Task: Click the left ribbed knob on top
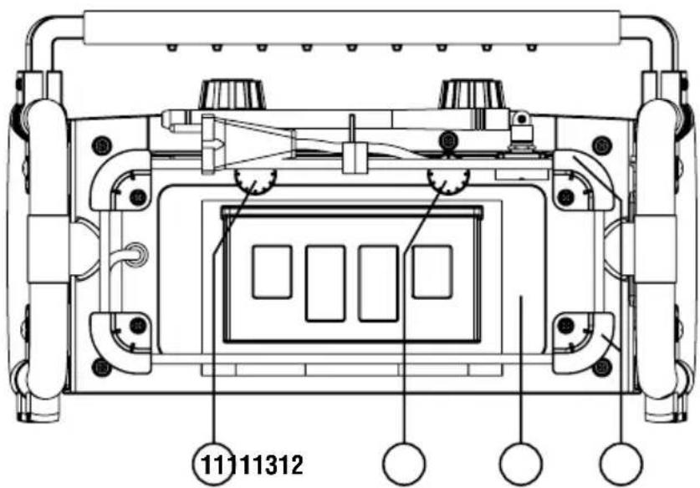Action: (232, 94)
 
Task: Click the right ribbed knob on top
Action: (473, 94)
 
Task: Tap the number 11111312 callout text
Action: (253, 465)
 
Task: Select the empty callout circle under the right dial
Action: (405, 464)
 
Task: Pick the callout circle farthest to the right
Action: (621, 464)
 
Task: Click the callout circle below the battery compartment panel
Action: (521, 464)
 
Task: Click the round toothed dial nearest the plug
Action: (255, 181)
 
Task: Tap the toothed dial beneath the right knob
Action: (448, 181)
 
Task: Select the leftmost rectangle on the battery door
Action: (273, 272)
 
